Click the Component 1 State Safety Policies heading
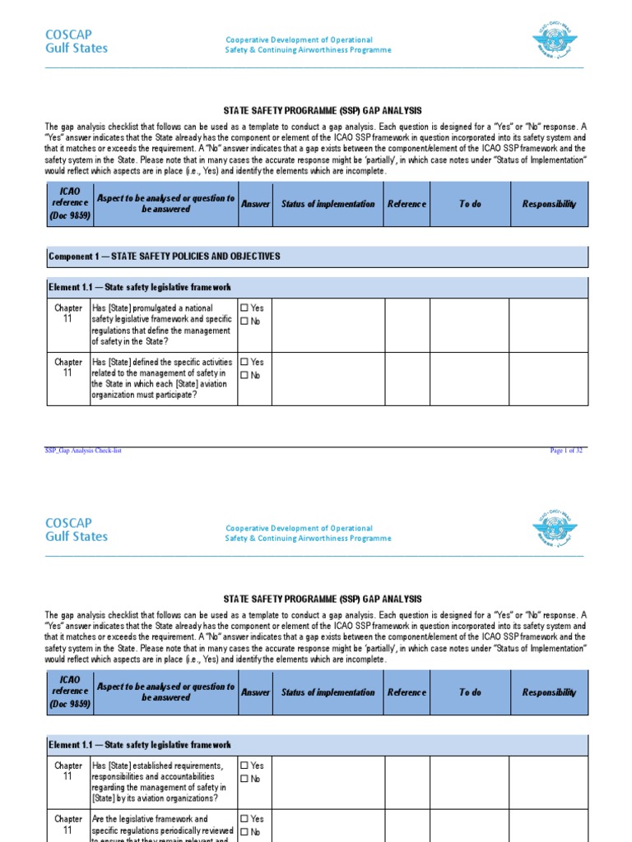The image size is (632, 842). (x=165, y=257)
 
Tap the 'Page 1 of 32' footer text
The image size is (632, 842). (x=567, y=451)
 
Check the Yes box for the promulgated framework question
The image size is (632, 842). (x=244, y=308)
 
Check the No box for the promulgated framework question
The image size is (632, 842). (x=244, y=322)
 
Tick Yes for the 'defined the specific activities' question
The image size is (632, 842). (x=244, y=362)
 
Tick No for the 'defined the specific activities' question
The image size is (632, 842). (x=244, y=375)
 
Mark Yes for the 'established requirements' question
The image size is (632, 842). (x=244, y=766)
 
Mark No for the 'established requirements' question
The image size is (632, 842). (x=244, y=779)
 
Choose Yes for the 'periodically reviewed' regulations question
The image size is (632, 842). (x=244, y=819)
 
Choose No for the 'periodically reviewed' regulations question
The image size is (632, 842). (x=244, y=832)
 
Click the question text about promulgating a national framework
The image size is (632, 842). (x=162, y=324)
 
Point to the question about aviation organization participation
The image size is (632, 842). (x=162, y=377)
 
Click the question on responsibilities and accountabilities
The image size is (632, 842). (x=162, y=781)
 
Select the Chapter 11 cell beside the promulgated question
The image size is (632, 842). (x=68, y=313)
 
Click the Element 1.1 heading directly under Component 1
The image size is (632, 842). (x=140, y=287)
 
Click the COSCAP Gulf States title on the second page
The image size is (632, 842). (x=76, y=530)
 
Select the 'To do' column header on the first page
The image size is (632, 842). (x=470, y=204)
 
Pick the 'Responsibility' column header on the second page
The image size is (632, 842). (x=549, y=692)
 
